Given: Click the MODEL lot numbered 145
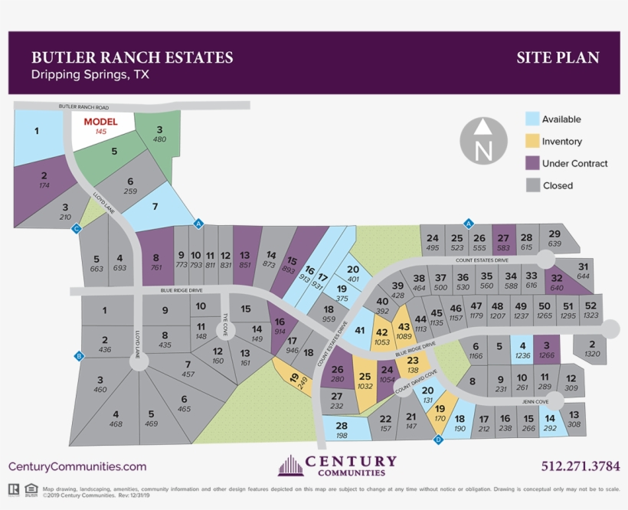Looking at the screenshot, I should point(100,126).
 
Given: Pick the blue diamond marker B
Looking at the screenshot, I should point(78,355).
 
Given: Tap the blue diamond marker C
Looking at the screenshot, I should point(76,228).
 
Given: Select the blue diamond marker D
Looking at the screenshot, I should point(438,440).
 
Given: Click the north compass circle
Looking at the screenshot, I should point(483,141).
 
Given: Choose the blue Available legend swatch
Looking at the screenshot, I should point(532,119).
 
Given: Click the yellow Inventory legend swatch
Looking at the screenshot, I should point(532,141).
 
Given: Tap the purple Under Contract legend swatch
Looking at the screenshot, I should point(532,163).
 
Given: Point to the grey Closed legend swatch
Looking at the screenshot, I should point(532,185).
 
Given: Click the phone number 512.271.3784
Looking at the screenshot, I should point(580,466).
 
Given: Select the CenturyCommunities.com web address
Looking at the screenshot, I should point(77,466).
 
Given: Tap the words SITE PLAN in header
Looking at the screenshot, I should point(558,57).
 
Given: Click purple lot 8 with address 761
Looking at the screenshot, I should point(155,262).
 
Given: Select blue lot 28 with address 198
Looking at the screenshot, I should point(342,430).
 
